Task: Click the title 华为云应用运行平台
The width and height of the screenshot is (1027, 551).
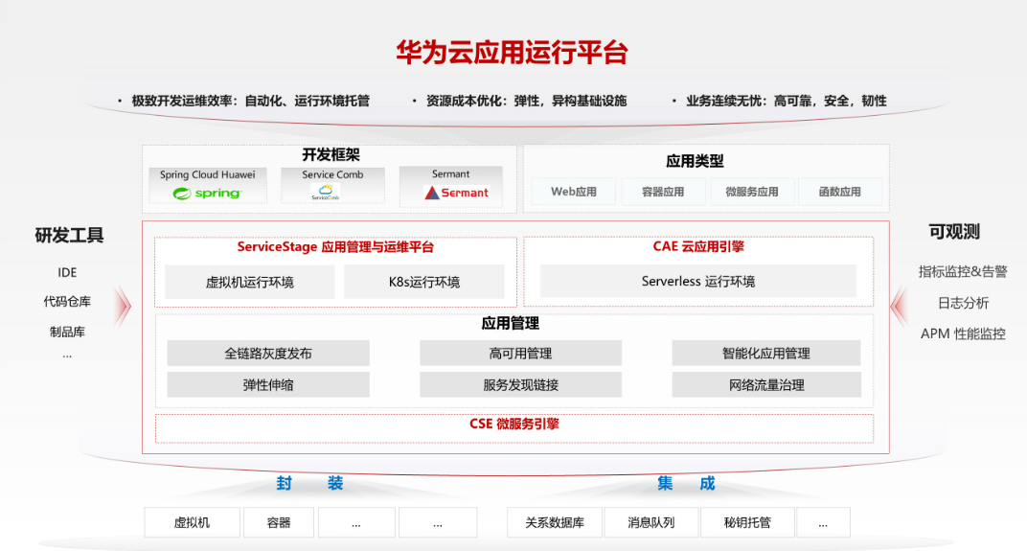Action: [x=513, y=52]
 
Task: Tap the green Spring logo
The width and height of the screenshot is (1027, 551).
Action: [x=207, y=194]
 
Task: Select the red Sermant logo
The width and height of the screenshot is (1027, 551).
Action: [x=457, y=193]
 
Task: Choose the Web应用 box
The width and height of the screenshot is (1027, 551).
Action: [x=574, y=192]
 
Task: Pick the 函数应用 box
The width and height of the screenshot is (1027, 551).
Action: [x=839, y=192]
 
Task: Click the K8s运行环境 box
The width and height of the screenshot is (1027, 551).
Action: [x=423, y=282]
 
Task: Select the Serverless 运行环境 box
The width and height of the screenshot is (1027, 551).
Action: [x=697, y=282]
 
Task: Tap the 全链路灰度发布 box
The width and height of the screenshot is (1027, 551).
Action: [x=268, y=354]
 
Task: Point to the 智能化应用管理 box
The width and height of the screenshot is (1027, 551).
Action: [x=765, y=354]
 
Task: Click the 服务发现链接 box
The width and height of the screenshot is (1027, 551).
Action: [x=520, y=385]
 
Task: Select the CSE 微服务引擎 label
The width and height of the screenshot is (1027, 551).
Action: [x=514, y=425]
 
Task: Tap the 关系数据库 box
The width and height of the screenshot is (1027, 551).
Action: [x=554, y=523]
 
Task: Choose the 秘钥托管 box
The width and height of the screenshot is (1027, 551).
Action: [x=747, y=523]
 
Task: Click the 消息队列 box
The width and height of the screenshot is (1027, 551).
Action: [x=651, y=523]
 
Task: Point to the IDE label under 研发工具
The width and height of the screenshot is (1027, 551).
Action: [x=67, y=272]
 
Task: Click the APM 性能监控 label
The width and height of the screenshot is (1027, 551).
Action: [x=963, y=334]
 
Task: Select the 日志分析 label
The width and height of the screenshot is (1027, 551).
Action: [x=963, y=303]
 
